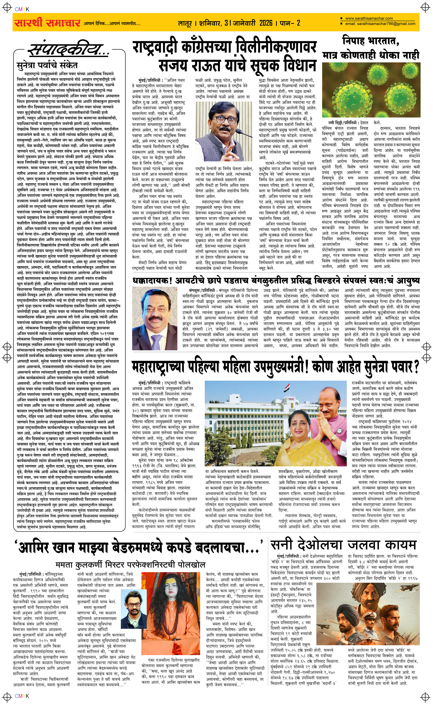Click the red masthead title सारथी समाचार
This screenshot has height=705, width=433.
(x=47, y=22)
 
